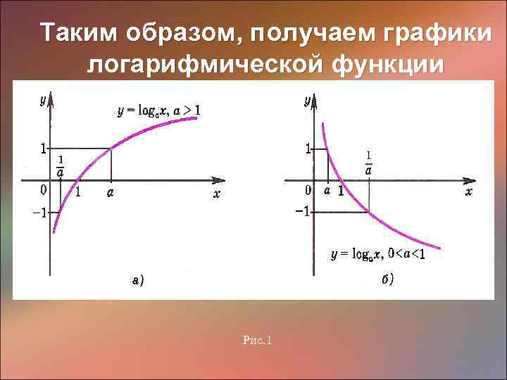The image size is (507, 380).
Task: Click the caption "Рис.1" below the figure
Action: click(257, 341)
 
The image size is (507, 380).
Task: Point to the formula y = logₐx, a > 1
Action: click(159, 110)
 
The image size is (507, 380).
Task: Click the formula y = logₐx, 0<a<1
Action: click(378, 254)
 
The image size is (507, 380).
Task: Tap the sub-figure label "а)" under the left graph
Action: click(137, 281)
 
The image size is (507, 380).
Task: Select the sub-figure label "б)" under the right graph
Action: click(388, 279)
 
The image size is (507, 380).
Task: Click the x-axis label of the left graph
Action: click(217, 194)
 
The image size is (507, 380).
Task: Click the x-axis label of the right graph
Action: click(469, 191)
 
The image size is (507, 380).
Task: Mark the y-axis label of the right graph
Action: click(307, 101)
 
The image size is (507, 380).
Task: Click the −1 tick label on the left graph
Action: click(38, 213)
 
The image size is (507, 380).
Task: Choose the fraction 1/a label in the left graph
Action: click(61, 167)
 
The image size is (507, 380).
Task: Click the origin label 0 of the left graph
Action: click(44, 189)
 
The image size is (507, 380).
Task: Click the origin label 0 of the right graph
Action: click(308, 190)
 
